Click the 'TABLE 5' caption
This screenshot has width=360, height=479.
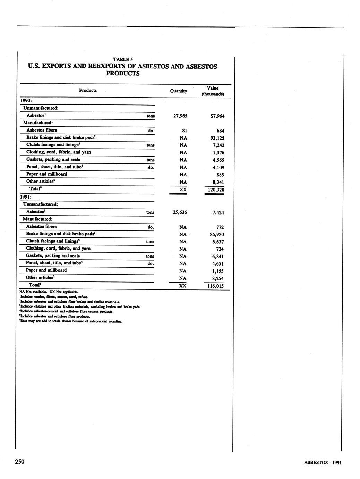point(123,59)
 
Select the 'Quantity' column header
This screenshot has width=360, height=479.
point(178,91)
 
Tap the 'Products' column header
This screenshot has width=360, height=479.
point(88,90)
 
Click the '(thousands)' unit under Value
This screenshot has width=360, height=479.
point(213,94)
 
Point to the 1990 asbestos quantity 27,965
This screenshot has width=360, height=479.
point(180,116)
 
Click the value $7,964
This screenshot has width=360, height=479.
point(217,116)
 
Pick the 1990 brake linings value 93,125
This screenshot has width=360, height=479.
point(217,138)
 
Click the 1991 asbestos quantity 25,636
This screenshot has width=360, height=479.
point(180,212)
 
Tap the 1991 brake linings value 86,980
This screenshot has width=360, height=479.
point(217,234)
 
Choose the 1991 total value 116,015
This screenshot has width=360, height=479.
point(214,286)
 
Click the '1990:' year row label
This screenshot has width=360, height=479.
point(26,100)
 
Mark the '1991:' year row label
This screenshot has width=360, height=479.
point(26,197)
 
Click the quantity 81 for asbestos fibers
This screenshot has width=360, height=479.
point(184,131)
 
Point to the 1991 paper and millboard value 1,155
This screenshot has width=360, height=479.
point(218,271)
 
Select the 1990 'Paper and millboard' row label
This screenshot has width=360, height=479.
point(46,174)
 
